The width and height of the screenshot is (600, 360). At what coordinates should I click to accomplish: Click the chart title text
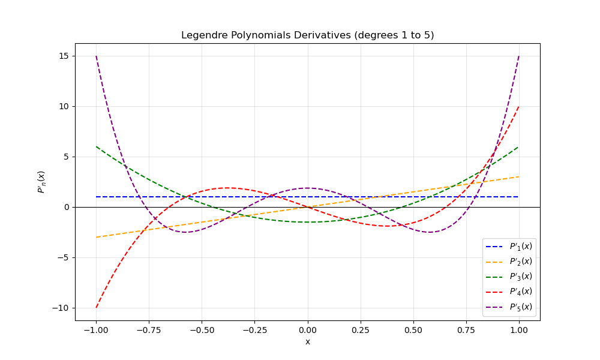[x=307, y=35]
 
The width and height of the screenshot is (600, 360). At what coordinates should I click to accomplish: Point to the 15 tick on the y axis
[x=64, y=56]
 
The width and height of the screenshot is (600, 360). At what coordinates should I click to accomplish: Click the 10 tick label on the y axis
[x=64, y=106]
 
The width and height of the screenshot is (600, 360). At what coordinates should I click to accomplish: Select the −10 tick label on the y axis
[x=61, y=308]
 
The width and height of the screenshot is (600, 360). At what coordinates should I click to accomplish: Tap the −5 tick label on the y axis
[x=63, y=257]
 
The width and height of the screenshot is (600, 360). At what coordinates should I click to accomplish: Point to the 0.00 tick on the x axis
[x=307, y=329]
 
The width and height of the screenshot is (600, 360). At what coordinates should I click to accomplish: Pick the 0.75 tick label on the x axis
[x=466, y=329]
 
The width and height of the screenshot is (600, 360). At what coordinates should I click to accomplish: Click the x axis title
[x=307, y=342]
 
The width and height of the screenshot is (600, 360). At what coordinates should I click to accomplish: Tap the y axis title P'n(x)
[x=41, y=182]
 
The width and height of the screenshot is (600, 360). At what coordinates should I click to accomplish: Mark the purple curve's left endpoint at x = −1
[x=96, y=56]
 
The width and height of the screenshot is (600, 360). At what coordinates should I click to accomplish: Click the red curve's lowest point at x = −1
[x=96, y=308]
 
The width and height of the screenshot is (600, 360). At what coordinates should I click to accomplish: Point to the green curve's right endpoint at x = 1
[x=519, y=146]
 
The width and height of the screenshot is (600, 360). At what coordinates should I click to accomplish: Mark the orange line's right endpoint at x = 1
[x=519, y=176]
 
